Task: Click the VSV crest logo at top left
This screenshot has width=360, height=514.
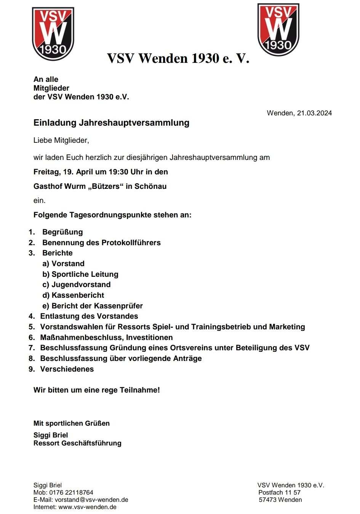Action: coord(53,34)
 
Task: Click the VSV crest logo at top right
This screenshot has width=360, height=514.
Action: coord(278,29)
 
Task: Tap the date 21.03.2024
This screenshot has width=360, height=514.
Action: coord(314,113)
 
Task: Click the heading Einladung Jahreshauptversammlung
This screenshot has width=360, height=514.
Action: coord(111,123)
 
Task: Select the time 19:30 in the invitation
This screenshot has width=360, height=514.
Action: coord(118,172)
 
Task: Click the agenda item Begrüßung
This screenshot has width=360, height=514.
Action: coord(62,232)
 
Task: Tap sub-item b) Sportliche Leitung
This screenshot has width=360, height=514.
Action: coord(80,274)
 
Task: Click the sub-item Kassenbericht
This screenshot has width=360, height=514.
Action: coord(78,295)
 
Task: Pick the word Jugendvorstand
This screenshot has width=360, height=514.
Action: coord(81,284)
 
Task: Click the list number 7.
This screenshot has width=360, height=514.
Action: coord(32,348)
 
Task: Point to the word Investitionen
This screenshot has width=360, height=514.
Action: coord(149,337)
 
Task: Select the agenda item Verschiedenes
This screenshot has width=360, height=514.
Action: coord(67,369)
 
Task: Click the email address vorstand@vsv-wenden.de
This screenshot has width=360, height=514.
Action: coord(91,500)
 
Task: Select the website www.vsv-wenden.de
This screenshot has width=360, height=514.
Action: coord(87,507)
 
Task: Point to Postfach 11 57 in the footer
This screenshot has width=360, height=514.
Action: coord(280,492)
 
